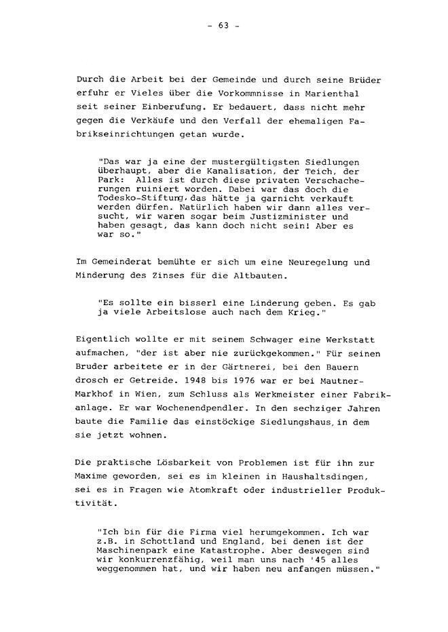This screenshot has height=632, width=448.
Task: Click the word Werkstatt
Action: tap(354, 340)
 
